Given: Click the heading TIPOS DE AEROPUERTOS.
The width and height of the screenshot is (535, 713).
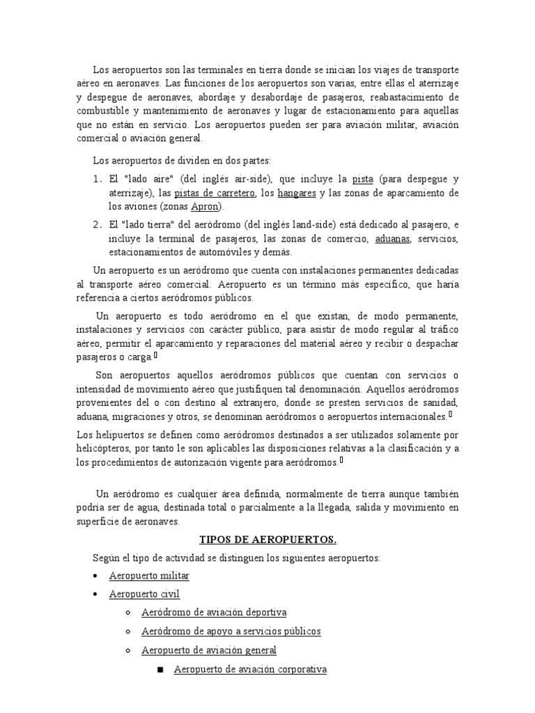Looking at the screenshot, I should (267, 539).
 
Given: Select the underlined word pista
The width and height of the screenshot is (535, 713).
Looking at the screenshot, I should (364, 179).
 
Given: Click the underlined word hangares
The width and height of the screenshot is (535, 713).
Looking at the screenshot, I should (297, 193).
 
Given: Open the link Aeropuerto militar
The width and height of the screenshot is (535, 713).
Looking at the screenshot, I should (149, 576).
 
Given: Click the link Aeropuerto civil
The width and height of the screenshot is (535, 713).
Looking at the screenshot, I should (144, 594).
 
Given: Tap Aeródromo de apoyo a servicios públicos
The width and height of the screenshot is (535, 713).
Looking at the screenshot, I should (231, 631).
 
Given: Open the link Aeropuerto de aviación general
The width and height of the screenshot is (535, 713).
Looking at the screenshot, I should (209, 650).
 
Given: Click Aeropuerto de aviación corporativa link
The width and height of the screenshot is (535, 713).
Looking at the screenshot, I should (249, 669).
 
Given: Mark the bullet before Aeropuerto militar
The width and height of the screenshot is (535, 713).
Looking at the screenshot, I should (95, 577).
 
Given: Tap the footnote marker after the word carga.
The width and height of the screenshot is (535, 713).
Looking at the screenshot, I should (155, 355).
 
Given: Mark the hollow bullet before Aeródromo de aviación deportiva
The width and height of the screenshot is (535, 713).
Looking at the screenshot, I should (127, 613).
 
